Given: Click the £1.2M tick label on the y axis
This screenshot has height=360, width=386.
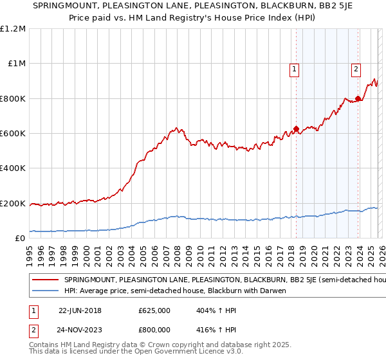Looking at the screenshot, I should [13, 29].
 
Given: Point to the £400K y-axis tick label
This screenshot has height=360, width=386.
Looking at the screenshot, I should [13, 168].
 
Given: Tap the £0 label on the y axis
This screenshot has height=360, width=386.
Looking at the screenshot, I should [20, 239].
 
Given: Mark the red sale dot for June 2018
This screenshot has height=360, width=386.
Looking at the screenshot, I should [296, 129].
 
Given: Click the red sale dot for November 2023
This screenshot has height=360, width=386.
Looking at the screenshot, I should [358, 98].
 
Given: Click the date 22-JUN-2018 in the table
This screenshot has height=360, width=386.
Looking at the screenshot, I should [80, 310].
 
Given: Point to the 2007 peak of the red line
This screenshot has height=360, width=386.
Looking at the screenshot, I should [175, 127].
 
